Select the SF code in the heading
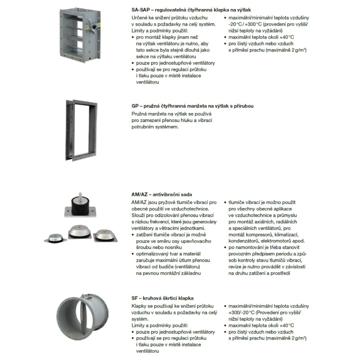click(135, 298)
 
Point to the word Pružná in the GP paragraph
click(140, 114)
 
